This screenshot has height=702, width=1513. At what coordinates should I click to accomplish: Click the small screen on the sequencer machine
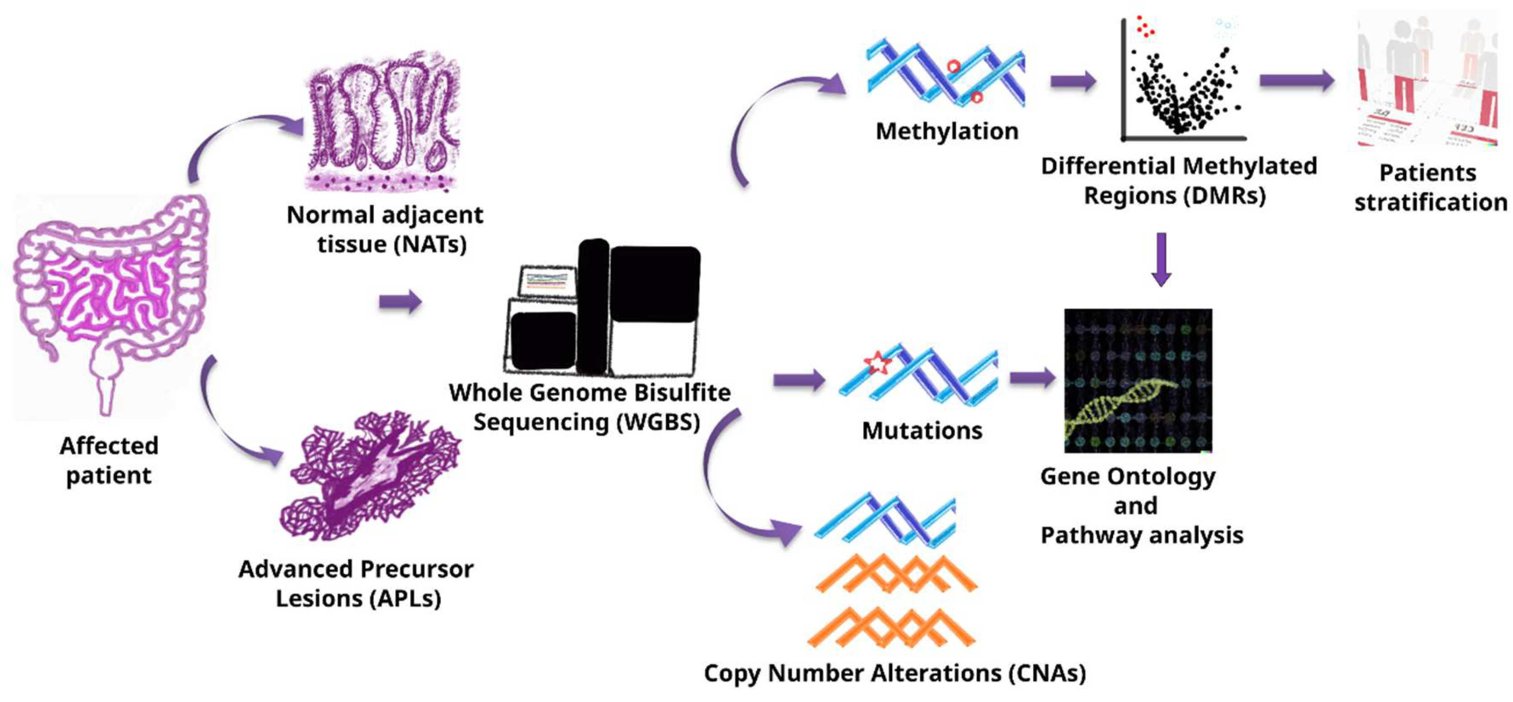coord(546,281)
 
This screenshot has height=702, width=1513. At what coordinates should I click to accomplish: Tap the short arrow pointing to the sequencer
coord(400,302)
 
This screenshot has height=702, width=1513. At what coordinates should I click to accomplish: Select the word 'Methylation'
coord(947,131)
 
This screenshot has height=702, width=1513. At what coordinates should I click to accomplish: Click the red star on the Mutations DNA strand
coord(877,363)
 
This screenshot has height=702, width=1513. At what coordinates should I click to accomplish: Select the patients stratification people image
coord(1427,79)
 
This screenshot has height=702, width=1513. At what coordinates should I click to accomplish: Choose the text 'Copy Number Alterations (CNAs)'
coord(894,673)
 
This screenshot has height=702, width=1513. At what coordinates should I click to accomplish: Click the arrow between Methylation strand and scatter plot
coord(1072,81)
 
